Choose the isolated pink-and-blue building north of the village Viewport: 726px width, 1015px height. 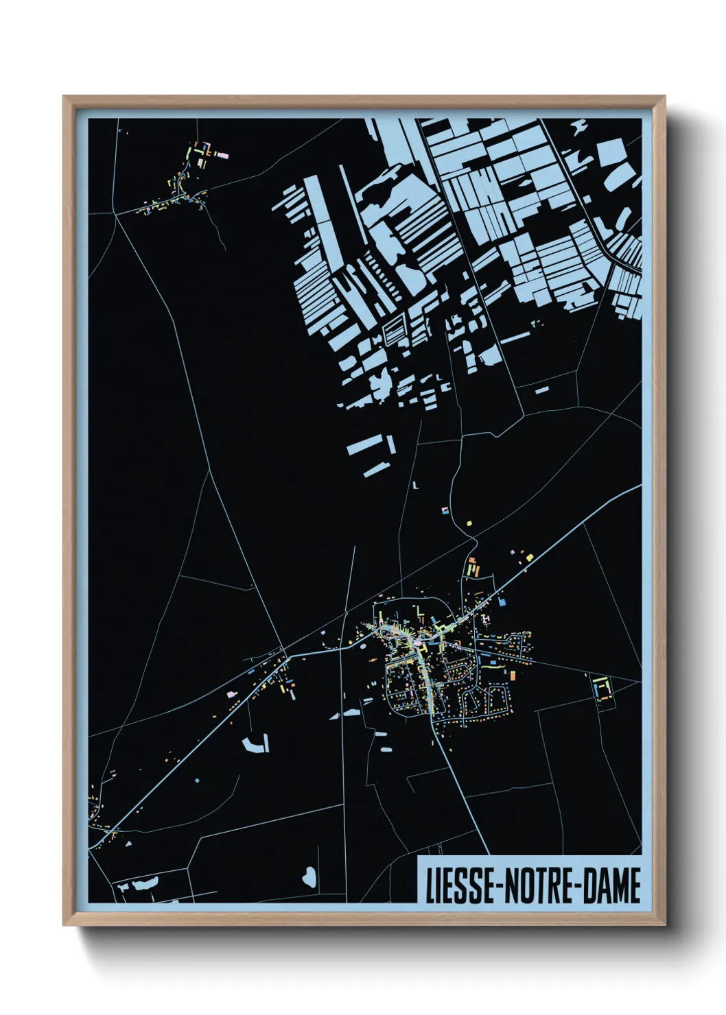444,510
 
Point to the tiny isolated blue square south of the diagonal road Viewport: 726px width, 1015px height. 197,780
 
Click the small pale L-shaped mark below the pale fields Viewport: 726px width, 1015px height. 416,485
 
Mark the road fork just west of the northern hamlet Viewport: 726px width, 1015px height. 116,213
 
